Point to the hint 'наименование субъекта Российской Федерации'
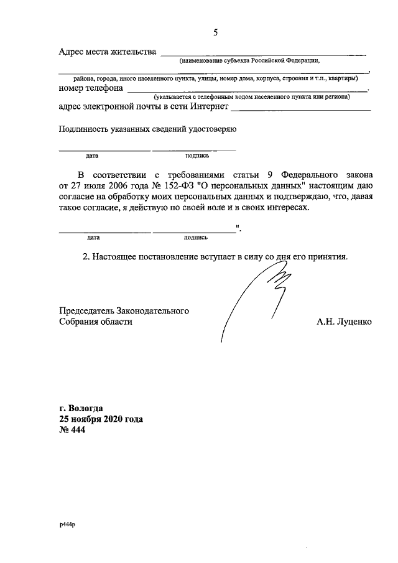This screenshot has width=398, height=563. click(249, 61)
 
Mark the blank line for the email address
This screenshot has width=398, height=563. click(300, 109)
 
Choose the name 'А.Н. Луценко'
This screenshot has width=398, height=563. click(344, 322)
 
